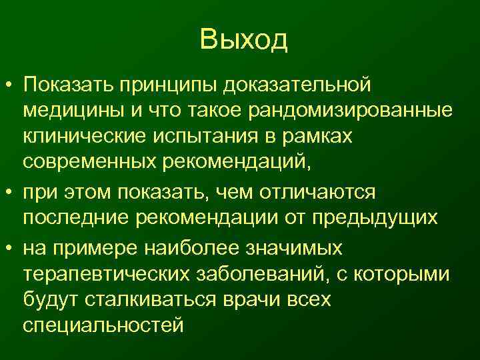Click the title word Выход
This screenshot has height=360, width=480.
(243, 41)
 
